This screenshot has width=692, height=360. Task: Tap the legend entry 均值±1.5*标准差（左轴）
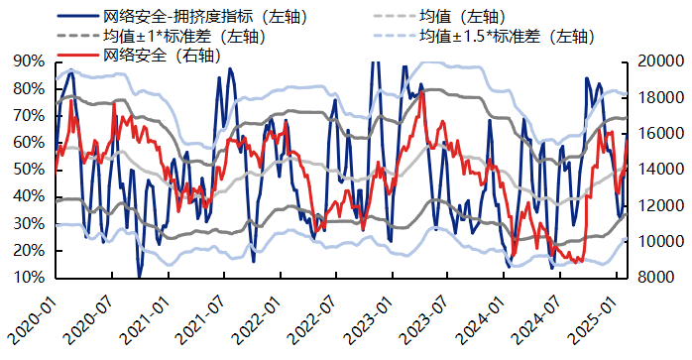[507, 36]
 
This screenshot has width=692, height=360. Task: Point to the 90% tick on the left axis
[28, 61]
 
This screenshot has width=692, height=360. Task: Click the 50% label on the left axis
[28, 170]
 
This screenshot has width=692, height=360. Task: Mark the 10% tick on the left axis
[28, 279]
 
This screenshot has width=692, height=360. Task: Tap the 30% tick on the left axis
[28, 224]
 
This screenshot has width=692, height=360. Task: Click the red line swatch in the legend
[77, 54]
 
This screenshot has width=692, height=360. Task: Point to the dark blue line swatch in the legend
[77, 17]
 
